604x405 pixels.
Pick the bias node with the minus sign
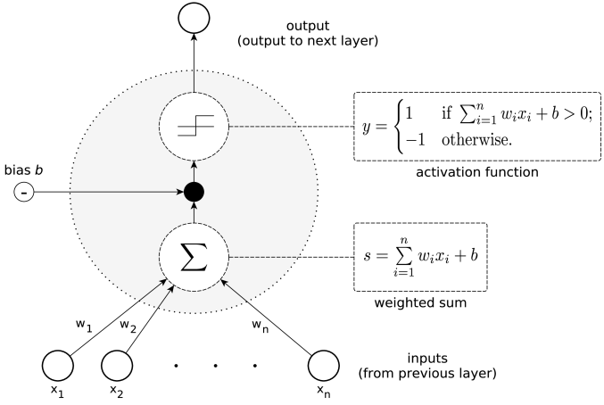(22, 192)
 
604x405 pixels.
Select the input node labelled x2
(119, 365)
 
